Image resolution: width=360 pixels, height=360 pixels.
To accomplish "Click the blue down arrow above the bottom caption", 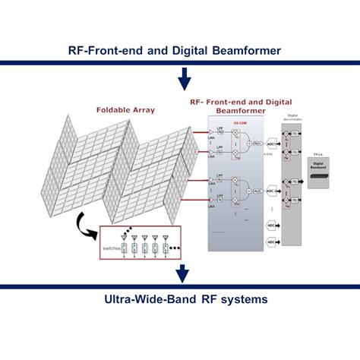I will pyautogui.click(x=182, y=273).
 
